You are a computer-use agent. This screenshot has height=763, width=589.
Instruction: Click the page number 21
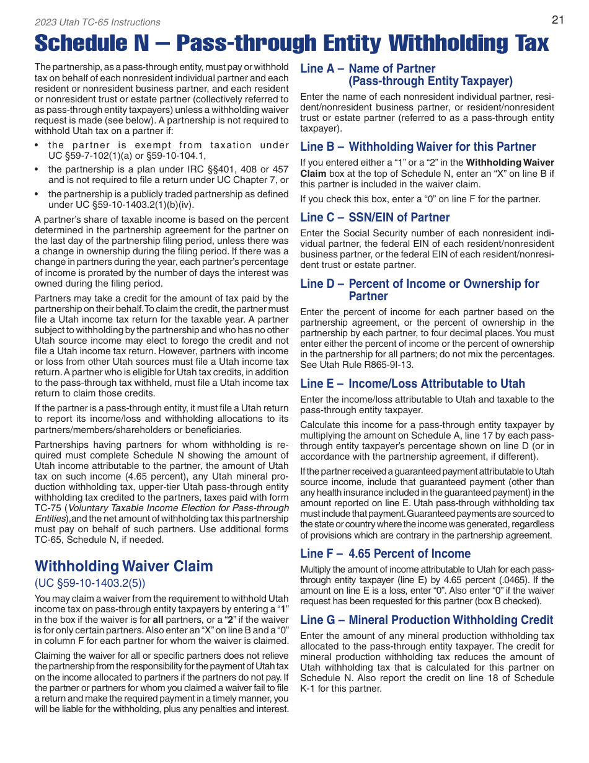[557, 19]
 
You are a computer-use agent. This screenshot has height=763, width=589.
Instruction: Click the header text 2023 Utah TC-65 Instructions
[97, 22]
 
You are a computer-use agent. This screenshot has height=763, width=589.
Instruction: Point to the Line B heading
[418, 146]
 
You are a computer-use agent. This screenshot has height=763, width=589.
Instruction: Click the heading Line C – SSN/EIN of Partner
[375, 217]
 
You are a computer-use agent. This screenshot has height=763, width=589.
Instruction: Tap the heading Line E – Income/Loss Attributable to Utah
[412, 383]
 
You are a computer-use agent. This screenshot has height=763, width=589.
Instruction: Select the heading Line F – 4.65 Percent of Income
[385, 553]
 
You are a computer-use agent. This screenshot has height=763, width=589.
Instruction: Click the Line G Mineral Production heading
[427, 620]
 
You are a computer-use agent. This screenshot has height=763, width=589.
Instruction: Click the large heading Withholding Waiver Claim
[124, 566]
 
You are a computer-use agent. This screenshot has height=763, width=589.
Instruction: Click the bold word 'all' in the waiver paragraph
[158, 620]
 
